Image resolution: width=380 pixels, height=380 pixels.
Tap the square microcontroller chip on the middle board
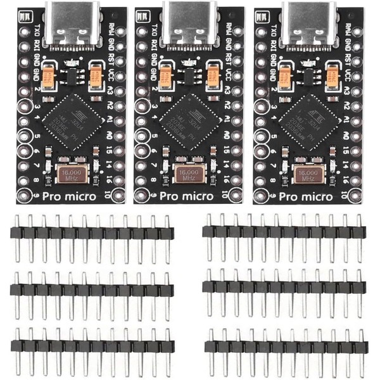(187, 120)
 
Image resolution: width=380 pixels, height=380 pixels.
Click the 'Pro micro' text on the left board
(70, 196)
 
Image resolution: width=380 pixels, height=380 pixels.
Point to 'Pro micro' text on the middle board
(188, 196)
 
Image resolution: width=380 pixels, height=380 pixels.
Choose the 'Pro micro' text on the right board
(307, 196)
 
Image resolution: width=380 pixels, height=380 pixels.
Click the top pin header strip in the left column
(91, 233)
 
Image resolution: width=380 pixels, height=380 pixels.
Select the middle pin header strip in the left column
(91, 290)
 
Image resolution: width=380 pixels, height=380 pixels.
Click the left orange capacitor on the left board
(47, 77)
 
